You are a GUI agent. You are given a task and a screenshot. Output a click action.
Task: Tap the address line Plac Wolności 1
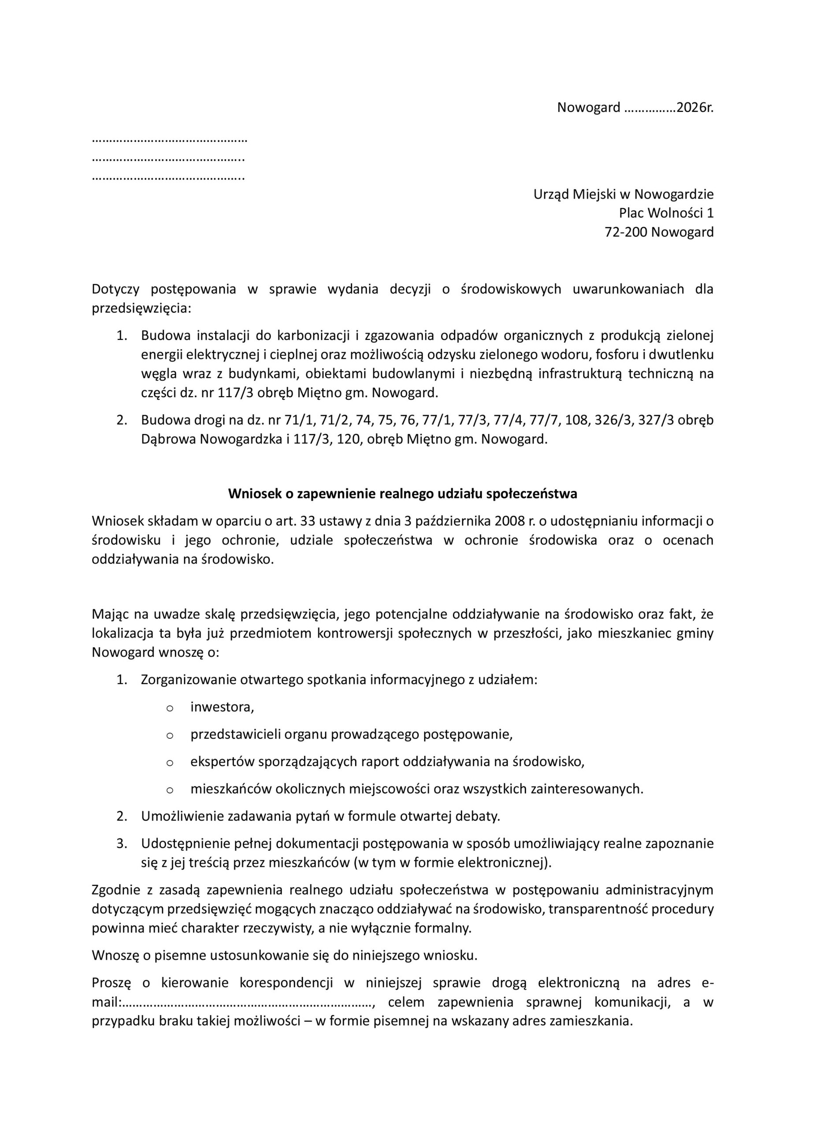pyautogui.click(x=666, y=213)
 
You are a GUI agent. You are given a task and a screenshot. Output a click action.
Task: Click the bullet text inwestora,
pyautogui.click(x=222, y=707)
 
